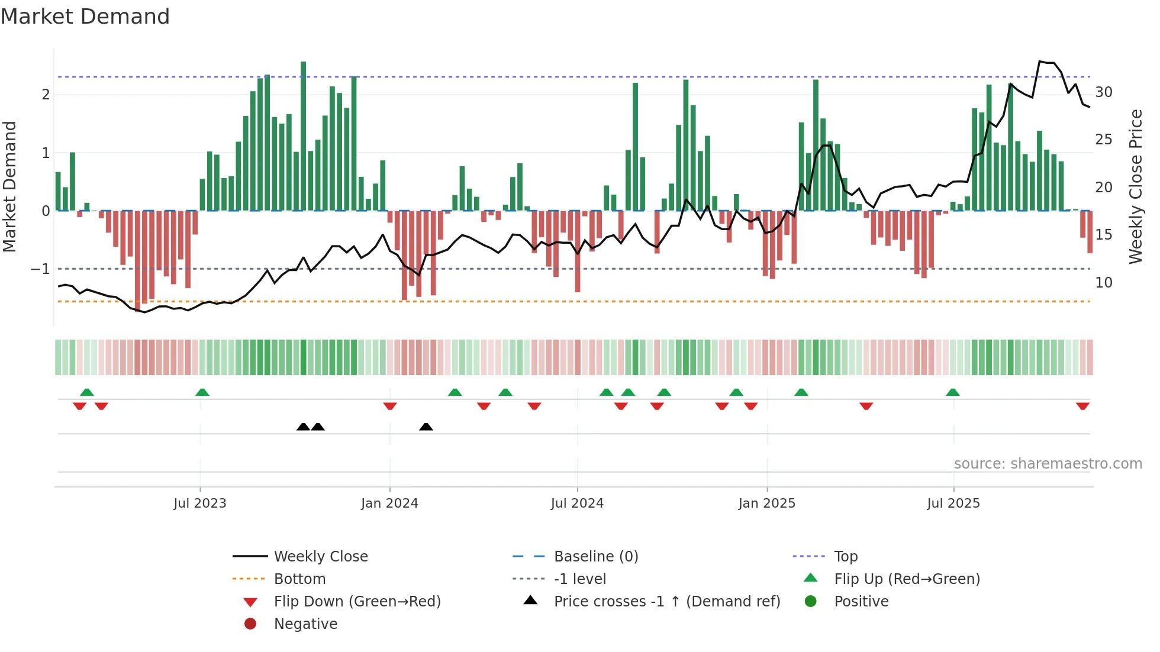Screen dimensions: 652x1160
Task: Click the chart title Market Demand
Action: click(x=85, y=17)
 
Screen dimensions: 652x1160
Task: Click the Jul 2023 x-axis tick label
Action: click(x=199, y=503)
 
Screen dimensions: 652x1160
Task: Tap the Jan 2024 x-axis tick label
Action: click(x=389, y=503)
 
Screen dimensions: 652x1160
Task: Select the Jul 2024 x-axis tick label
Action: click(x=577, y=503)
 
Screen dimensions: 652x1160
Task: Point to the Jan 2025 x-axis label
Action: click(x=767, y=503)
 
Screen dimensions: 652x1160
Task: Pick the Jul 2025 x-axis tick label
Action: click(x=953, y=503)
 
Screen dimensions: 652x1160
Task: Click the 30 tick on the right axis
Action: click(x=1104, y=92)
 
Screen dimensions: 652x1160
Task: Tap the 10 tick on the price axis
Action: click(x=1104, y=283)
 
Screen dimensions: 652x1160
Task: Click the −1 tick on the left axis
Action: click(x=41, y=269)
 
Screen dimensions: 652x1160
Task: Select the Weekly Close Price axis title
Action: click(x=1135, y=186)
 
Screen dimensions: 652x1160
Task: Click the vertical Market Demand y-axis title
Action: click(x=10, y=186)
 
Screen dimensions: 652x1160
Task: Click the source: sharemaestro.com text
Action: click(x=1048, y=464)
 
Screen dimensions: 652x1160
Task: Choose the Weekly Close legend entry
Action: click(x=320, y=557)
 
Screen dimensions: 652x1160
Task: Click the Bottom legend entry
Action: click(x=299, y=579)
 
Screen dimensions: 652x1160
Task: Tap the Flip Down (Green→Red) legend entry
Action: click(x=357, y=602)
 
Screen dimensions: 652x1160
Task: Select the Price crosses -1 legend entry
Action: click(x=666, y=602)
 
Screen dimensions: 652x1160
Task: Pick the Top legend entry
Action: click(x=846, y=557)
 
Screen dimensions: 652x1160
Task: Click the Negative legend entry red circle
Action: click(x=250, y=624)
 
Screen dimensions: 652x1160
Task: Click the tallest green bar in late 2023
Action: click(x=304, y=136)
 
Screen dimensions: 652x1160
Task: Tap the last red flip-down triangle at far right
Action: click(x=1082, y=406)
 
